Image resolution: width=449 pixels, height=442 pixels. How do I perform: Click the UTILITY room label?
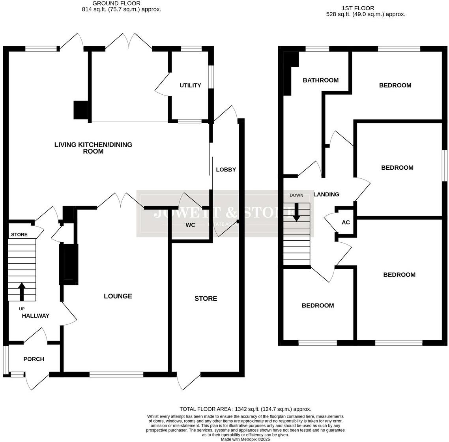(190, 85)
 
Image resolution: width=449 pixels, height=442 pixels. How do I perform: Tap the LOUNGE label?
(118, 296)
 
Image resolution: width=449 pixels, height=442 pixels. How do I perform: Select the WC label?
(191, 225)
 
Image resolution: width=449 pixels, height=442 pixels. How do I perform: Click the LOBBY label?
(226, 170)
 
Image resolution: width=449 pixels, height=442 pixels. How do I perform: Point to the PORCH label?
(34, 359)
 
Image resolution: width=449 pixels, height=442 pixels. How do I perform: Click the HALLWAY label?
(36, 316)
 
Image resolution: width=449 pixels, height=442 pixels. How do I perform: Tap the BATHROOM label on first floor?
(320, 81)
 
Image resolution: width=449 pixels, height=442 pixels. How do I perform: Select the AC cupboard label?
(346, 223)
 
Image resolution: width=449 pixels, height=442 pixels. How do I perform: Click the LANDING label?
(326, 194)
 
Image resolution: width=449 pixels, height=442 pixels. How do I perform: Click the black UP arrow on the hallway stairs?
(22, 291)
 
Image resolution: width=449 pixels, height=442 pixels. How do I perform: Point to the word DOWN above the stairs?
(296, 195)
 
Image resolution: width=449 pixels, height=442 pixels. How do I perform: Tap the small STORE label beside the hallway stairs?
(19, 235)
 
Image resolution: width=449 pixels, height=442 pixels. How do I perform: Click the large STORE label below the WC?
(206, 299)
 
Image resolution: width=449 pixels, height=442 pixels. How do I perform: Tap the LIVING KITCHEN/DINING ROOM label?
(93, 148)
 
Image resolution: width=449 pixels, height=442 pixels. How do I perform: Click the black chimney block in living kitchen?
(81, 110)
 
